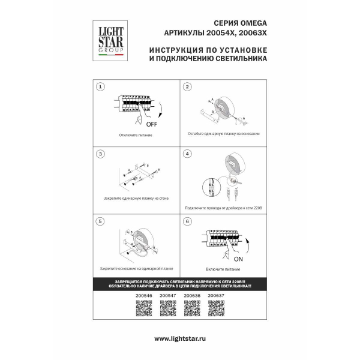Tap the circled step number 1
[101, 87]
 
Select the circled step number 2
[187, 87]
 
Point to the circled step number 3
[101, 154]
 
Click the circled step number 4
[187, 154]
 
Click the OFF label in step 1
[151, 124]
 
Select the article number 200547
[167, 296]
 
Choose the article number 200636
[191, 296]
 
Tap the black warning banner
[180, 285]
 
